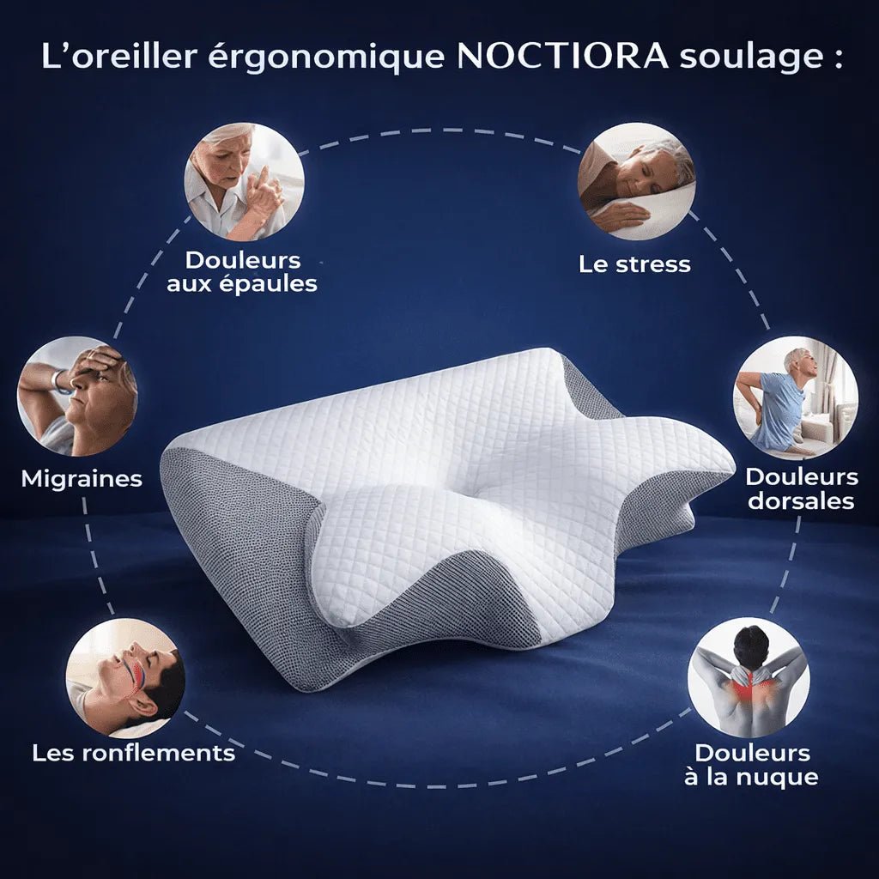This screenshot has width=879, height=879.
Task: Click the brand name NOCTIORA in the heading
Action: [x=563, y=57]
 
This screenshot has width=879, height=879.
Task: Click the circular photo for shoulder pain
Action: [x=244, y=181]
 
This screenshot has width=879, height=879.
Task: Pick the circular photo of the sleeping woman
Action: [x=636, y=181]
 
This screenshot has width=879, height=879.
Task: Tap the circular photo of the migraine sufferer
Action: [x=77, y=396]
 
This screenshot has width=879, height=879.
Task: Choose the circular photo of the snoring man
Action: [x=125, y=678]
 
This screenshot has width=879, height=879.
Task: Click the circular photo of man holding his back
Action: [x=795, y=396]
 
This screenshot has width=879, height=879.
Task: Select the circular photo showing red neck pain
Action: [x=748, y=677]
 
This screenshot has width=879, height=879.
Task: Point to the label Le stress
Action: [x=634, y=264]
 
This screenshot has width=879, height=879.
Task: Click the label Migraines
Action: [x=82, y=479]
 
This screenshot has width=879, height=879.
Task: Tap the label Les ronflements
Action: [x=133, y=754]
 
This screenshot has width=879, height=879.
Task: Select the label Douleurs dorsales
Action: [x=801, y=488]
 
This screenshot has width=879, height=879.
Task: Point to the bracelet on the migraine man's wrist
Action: [x=59, y=381]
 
